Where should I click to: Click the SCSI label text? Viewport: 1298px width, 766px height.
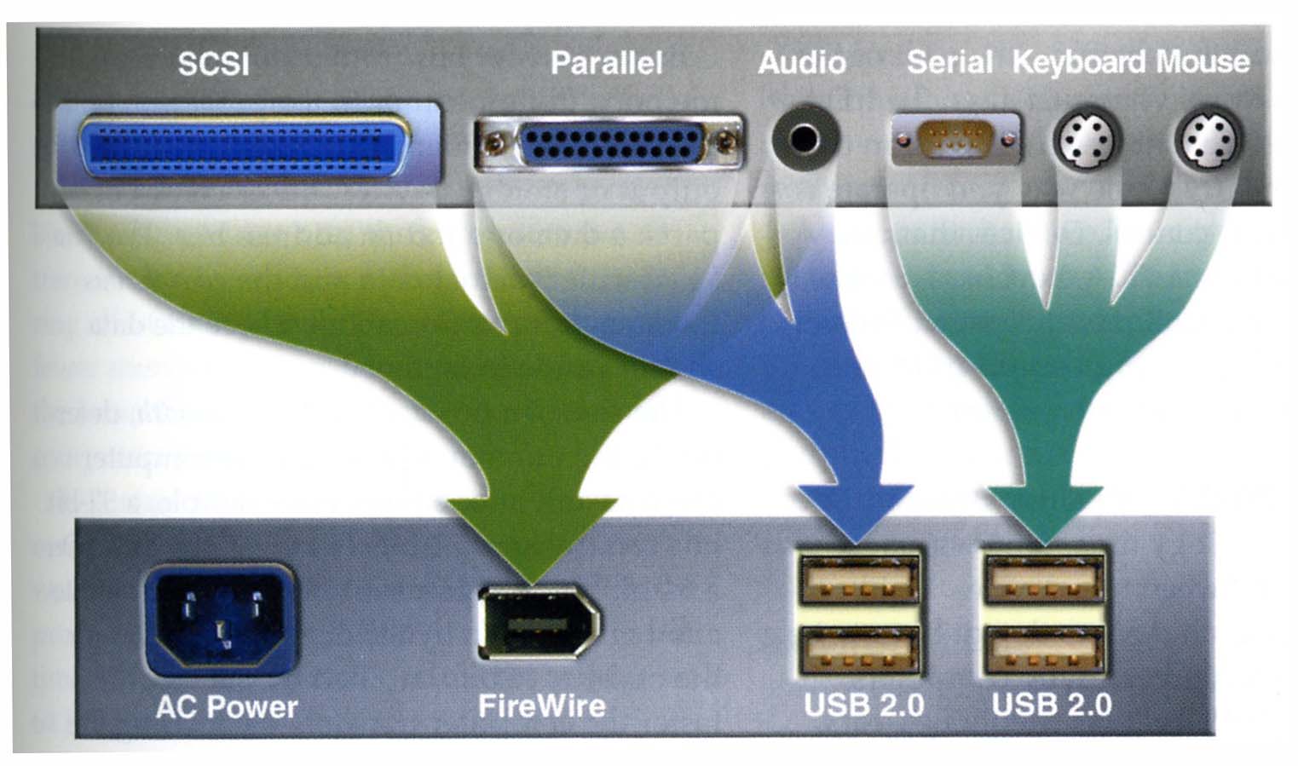[x=213, y=64]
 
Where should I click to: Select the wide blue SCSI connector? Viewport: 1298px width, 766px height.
[x=245, y=145]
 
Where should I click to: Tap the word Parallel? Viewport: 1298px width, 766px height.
[x=606, y=63]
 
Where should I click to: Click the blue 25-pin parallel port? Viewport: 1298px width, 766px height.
[x=610, y=142]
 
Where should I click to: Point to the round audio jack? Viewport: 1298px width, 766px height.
[x=805, y=137]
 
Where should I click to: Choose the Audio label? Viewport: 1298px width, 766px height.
[x=801, y=62]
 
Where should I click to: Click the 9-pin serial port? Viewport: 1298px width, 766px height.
[x=955, y=139]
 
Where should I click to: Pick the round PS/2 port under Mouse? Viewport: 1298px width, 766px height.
[x=1209, y=140]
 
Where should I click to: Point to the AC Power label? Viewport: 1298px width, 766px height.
[x=227, y=706]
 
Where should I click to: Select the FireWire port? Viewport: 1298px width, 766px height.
[x=538, y=623]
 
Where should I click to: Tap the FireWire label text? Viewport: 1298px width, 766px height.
[x=542, y=706]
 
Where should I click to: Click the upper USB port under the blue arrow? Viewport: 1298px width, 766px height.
[x=860, y=580]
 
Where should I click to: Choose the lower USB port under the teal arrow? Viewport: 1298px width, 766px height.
[x=1045, y=652]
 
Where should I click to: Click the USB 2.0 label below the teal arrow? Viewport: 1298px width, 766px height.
[x=1052, y=705]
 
